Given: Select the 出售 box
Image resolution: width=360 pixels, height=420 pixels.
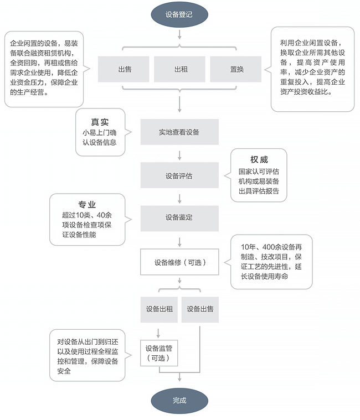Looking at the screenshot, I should click(x=125, y=70).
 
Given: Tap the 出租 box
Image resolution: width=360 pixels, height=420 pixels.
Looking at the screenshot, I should click(x=181, y=70).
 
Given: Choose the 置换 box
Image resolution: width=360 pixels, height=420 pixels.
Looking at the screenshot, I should click(x=237, y=70).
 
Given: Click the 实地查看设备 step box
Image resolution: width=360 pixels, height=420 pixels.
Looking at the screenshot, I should click(x=179, y=132).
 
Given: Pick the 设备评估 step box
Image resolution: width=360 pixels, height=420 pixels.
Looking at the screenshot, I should click(x=179, y=176).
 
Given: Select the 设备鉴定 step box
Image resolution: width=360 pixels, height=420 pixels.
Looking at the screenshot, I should click(x=179, y=218).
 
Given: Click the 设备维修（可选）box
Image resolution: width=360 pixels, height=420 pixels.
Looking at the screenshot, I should click(x=180, y=262).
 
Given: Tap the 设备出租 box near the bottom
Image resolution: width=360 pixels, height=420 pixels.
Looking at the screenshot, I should click(x=160, y=309).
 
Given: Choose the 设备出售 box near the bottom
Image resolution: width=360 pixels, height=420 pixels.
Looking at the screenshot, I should click(x=200, y=309).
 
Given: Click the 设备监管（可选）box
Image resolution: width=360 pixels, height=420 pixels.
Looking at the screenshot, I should click(x=160, y=353).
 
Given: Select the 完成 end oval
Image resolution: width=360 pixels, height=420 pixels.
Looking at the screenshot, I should click(x=179, y=400).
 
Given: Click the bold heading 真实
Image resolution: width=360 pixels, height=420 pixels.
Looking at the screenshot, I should click(x=100, y=122).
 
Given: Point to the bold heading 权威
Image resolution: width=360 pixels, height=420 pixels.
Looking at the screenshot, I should click(x=259, y=160).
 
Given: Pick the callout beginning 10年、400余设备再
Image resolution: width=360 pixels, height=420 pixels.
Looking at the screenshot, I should click(x=271, y=261).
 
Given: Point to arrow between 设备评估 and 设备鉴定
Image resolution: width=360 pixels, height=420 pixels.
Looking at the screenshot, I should click(x=179, y=198).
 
